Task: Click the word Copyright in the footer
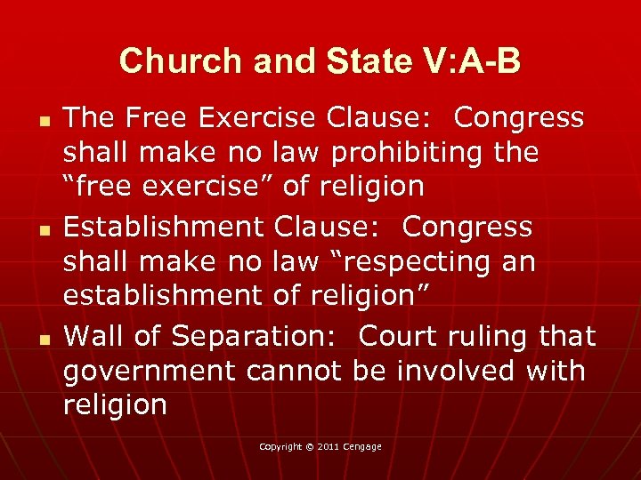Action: (281, 446)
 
